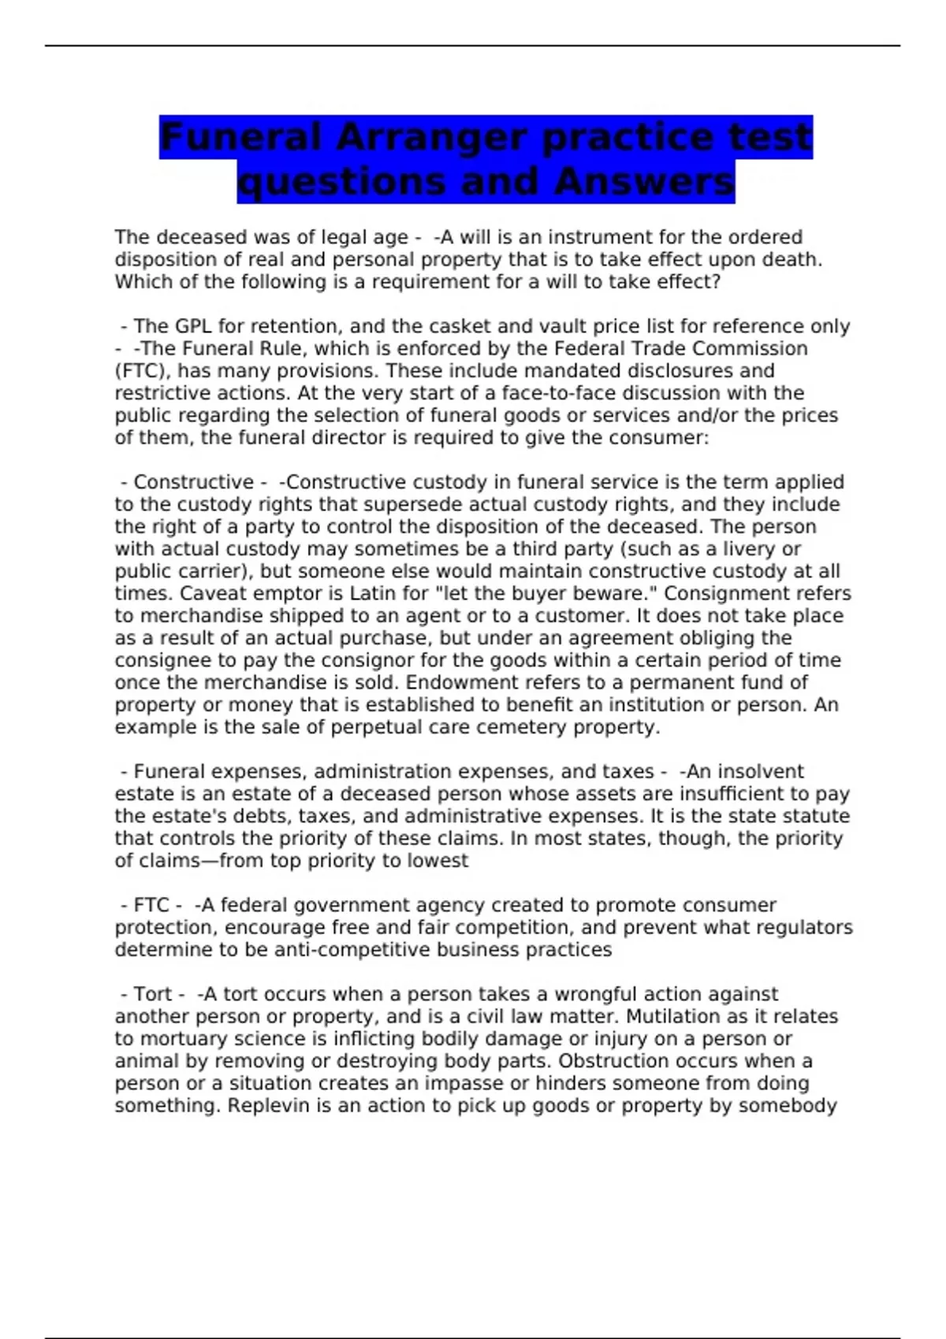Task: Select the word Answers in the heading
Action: tap(643, 182)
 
